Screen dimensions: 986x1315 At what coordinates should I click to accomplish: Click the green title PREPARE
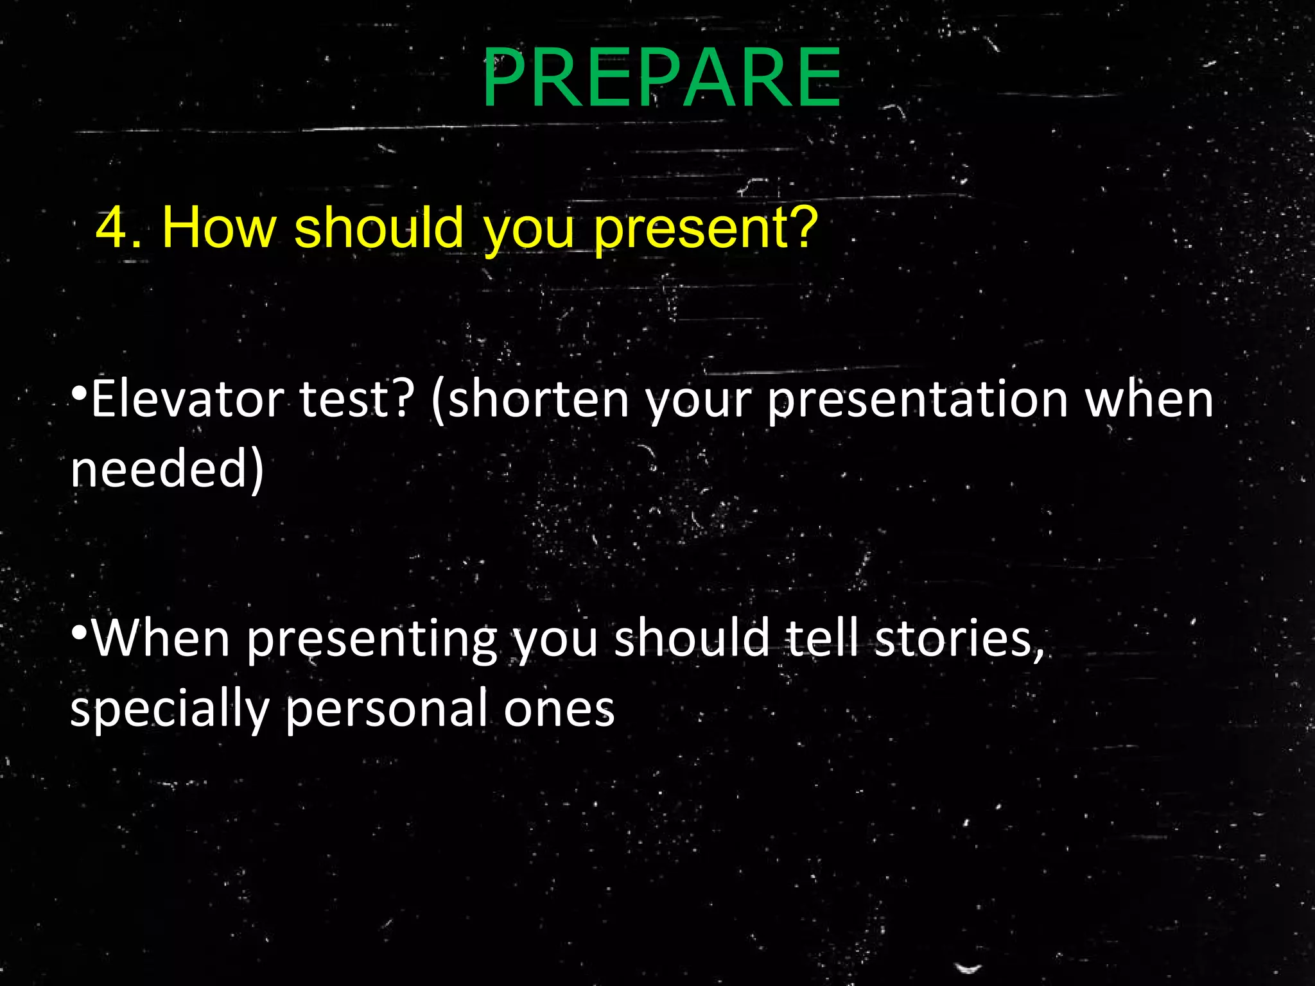click(661, 78)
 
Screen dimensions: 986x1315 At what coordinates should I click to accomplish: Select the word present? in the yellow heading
click(705, 230)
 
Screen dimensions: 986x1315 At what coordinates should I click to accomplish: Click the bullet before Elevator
click(79, 393)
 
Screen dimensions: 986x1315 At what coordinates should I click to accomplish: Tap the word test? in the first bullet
click(357, 399)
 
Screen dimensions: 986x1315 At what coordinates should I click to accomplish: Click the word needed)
click(167, 469)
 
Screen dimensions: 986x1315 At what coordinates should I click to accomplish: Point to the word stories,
click(959, 639)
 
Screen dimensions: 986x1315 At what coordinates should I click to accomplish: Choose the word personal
click(386, 710)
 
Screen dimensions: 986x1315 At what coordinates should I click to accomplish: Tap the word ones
click(559, 710)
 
